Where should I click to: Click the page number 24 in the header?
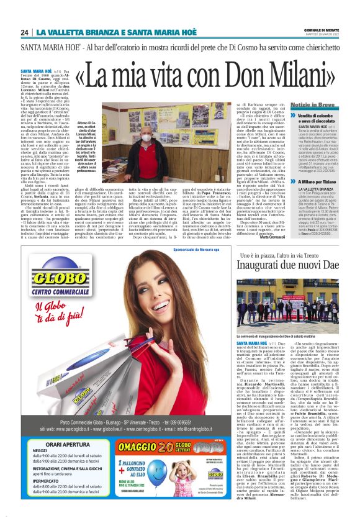point(24,32)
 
